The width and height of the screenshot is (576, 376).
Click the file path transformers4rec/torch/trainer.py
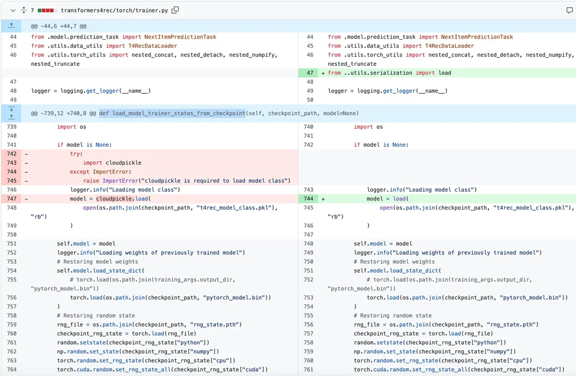pos(115,10)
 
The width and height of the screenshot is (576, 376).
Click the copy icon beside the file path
pos(176,10)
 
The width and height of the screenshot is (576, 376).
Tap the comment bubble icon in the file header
pos(570,10)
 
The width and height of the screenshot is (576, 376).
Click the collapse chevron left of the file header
pos(13,10)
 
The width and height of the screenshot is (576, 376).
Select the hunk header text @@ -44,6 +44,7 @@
pos(59,26)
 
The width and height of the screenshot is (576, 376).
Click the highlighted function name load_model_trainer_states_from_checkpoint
pos(172,113)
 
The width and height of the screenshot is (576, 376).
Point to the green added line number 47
pos(309,73)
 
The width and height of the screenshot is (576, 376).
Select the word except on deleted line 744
pos(79,172)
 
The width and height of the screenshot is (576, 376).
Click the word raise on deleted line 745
pos(91,181)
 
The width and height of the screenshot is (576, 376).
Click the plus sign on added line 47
pos(323,73)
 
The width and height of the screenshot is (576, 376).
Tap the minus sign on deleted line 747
pos(26,199)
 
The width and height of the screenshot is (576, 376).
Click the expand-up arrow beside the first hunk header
pos(11,26)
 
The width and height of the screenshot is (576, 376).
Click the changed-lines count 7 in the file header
pos(32,10)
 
